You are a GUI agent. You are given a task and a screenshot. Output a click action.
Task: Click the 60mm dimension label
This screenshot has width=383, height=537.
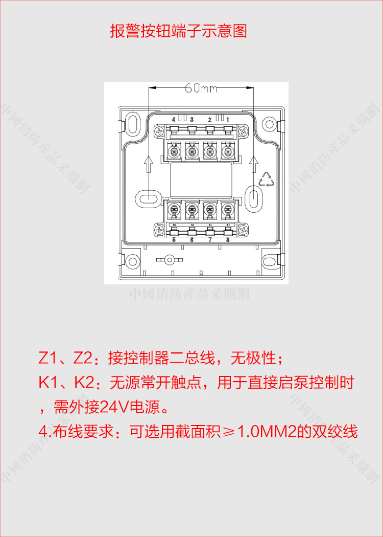pyautogui.click(x=201, y=88)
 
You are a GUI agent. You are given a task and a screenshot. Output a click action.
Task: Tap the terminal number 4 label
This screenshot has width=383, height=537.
pyautogui.click(x=174, y=120)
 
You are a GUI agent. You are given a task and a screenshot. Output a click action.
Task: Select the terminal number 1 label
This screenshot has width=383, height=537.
pyautogui.click(x=228, y=120)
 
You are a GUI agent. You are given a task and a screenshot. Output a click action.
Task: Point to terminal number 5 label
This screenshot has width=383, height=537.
pyautogui.click(x=174, y=239)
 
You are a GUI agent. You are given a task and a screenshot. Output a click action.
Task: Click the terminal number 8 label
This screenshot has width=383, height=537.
pyautogui.click(x=228, y=239)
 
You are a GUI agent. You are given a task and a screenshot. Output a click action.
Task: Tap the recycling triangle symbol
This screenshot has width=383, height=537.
pyautogui.click(x=268, y=180)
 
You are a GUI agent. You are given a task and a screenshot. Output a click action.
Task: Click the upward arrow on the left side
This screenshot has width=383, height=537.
pyautogui.click(x=148, y=164)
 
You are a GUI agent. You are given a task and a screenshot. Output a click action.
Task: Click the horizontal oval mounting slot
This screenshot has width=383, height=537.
pyautogui.click(x=147, y=197)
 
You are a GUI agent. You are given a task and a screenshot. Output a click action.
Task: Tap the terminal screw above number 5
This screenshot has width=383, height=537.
pyautogui.click(x=175, y=209)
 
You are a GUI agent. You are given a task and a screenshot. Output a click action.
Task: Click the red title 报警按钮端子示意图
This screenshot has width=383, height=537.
pyautogui.click(x=178, y=31)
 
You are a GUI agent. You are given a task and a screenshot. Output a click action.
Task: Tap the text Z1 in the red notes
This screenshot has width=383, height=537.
pyautogui.click(x=48, y=358)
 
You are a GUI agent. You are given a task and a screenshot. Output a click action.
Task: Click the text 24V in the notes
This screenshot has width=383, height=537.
pyautogui.click(x=114, y=408)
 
